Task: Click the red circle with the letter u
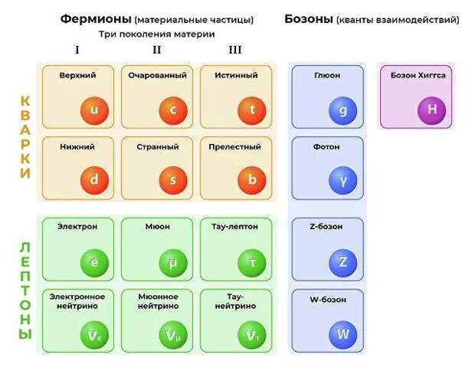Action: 94,110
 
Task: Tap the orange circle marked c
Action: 173,110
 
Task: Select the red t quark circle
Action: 252,110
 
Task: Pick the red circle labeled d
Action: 94,180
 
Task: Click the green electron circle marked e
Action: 94,263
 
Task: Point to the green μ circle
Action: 173,263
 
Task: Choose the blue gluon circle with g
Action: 343,110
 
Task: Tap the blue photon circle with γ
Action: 343,180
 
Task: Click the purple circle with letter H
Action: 431,110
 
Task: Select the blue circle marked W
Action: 343,335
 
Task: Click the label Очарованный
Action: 157,75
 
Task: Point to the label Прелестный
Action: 234,147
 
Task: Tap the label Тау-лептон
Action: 234,226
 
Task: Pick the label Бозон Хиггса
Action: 418,75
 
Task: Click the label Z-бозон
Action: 326,226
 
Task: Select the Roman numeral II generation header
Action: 156,50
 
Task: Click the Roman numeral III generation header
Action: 235,50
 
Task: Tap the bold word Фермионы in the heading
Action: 96,19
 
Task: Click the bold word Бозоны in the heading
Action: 309,19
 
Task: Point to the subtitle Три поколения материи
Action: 156,34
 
